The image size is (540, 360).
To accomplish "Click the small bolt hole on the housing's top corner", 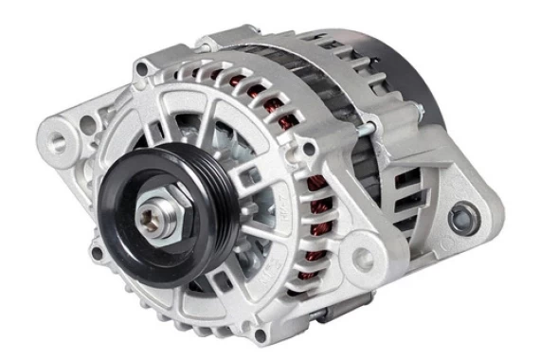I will [x=141, y=67].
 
